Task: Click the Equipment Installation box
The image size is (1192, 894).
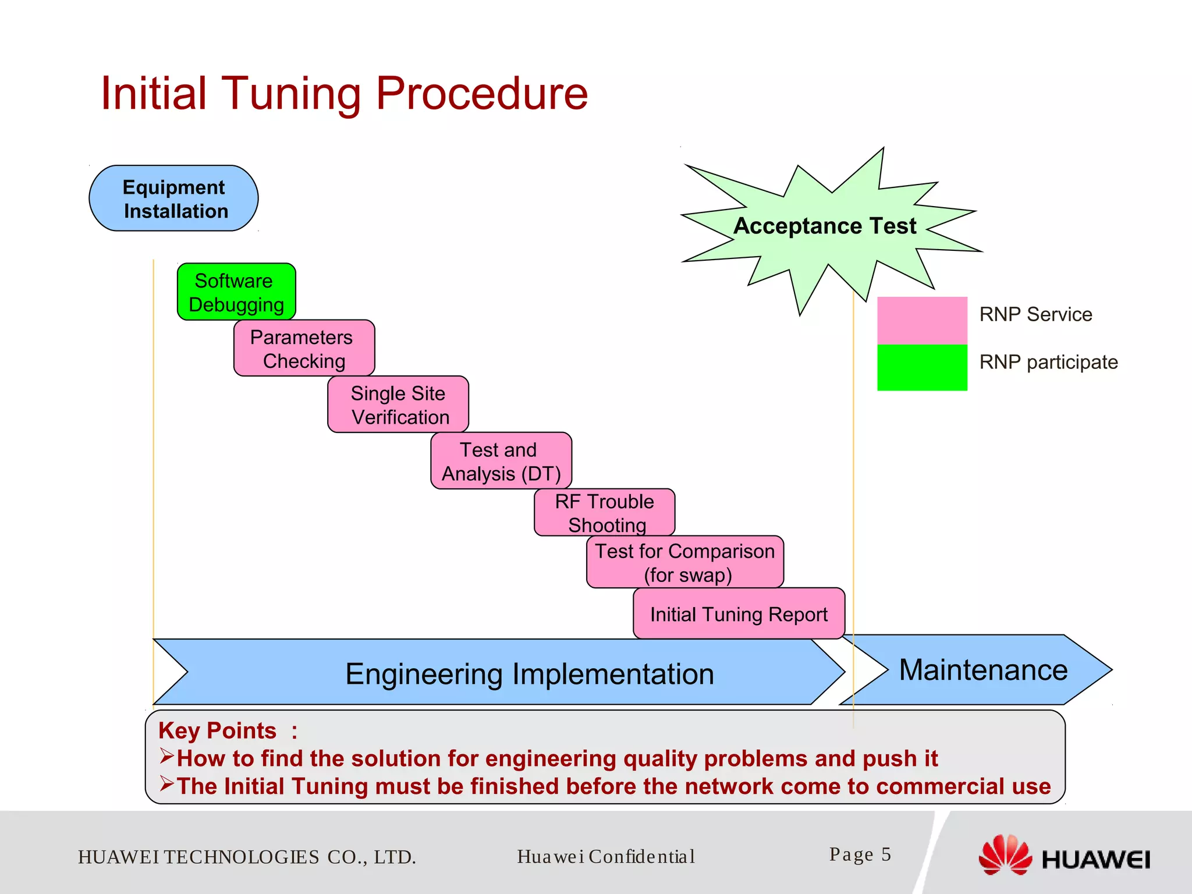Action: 173,198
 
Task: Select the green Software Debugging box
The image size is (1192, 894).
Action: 236,292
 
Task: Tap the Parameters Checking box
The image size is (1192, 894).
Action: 304,349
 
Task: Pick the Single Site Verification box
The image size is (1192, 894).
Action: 398,405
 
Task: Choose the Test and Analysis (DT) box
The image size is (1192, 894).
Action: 501,461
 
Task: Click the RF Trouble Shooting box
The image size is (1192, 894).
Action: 604,512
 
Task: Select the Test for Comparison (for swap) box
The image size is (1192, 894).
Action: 685,562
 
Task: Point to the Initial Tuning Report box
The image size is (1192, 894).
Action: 739,614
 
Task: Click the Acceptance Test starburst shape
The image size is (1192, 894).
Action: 825,226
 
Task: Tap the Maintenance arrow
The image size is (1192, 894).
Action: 983,670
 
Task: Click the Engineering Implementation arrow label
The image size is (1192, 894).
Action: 529,674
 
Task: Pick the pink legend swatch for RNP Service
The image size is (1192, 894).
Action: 922,320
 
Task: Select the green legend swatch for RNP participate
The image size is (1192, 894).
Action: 922,367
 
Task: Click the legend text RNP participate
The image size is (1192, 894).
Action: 1048,362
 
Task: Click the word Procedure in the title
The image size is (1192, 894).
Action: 481,94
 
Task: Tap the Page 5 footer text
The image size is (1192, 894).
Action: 860,854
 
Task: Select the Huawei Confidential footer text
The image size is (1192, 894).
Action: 606,857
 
